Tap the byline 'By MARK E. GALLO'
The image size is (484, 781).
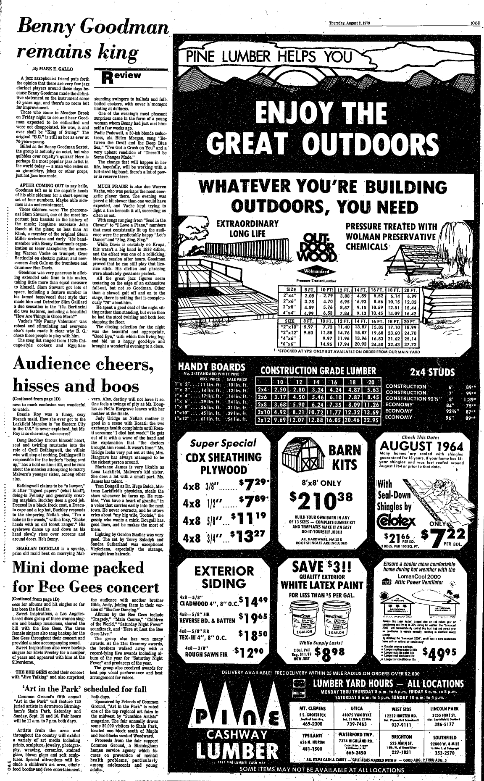[52, 68]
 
